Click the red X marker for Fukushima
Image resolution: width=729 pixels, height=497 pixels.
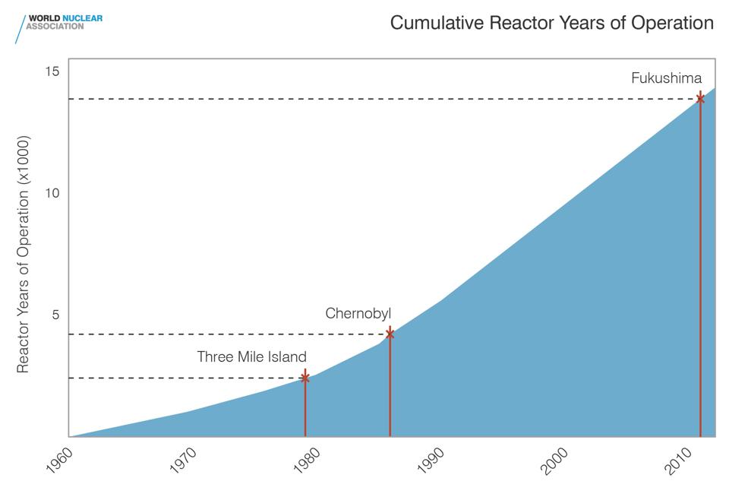[700, 99]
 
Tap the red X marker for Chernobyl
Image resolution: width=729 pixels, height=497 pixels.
[390, 334]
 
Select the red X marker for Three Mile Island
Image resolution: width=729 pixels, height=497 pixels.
[305, 378]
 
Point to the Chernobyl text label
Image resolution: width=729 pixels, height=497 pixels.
[358, 313]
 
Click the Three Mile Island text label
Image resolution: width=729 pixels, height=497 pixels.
[251, 356]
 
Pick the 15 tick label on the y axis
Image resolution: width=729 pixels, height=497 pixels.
[52, 71]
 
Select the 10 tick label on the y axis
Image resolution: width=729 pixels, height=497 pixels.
[52, 193]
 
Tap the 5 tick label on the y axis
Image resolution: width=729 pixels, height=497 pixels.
[55, 315]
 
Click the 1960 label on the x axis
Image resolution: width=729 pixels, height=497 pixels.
[58, 462]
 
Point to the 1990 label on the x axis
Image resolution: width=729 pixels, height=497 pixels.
[431, 462]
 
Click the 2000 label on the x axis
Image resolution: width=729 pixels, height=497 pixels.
[554, 462]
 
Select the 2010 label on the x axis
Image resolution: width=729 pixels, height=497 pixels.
[678, 462]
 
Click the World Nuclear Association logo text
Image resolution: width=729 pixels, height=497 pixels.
[65, 21]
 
